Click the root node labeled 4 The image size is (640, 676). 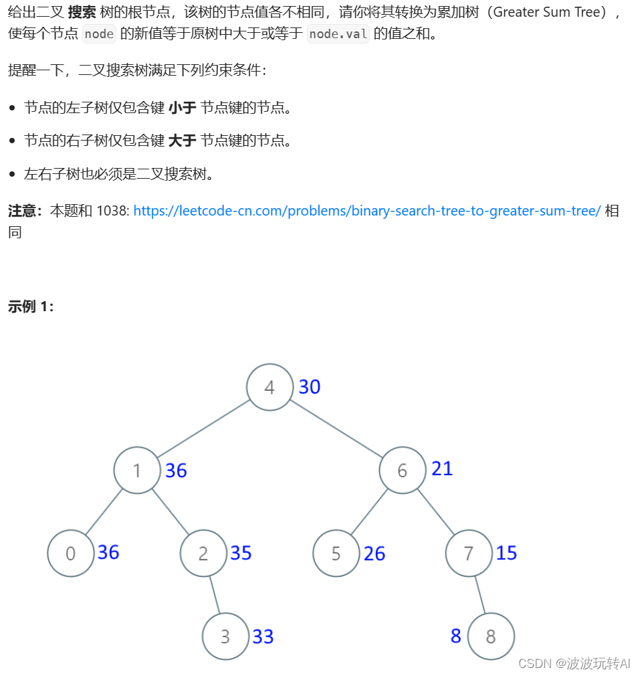coord(270,387)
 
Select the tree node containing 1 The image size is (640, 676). coord(137,471)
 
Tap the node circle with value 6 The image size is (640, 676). coord(402,471)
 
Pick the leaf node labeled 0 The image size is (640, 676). coord(70,554)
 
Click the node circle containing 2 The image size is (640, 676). coord(203,554)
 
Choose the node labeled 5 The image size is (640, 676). coord(336,554)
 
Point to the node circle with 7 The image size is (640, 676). coord(468,554)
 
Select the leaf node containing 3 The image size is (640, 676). coord(225,637)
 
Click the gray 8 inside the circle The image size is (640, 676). coord(491,637)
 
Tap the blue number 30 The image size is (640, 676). coord(310,387)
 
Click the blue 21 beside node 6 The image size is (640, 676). coord(442,469)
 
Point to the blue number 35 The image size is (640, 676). coord(241,553)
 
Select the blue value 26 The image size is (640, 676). coord(375,554)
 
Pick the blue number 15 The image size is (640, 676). coord(507,553)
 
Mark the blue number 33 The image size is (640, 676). coord(263,637)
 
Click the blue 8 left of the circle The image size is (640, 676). coord(456,636)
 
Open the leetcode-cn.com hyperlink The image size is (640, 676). coord(367,211)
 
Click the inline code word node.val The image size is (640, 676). coord(338,34)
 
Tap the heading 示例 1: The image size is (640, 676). coord(31,307)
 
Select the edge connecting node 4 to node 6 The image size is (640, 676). coord(336,429)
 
